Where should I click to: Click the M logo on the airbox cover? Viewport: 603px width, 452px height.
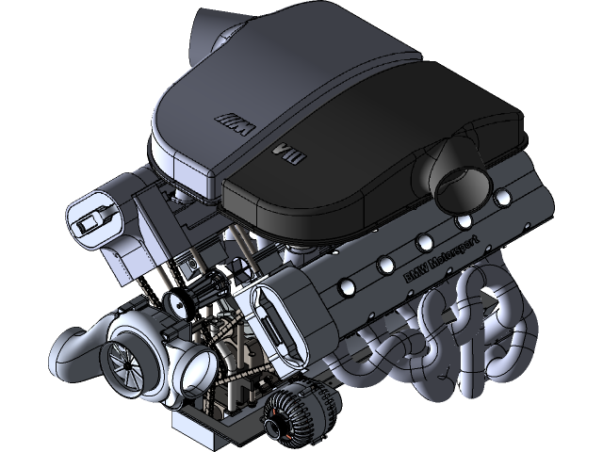point(230,120)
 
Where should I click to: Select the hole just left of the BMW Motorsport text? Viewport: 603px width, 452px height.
point(385,263)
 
